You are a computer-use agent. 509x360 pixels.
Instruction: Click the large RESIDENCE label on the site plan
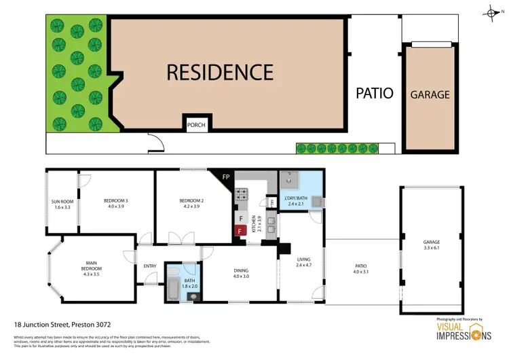point(220,72)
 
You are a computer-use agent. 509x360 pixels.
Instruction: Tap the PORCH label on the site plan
point(195,125)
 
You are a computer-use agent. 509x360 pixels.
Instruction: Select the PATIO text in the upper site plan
point(375,93)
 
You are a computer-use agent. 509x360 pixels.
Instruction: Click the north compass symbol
point(492,12)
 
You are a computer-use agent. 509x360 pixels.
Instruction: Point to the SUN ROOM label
point(62,204)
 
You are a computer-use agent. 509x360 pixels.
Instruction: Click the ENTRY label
point(149,266)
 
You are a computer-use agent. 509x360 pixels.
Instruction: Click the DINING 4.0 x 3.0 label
point(241,273)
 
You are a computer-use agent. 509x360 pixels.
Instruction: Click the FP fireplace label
point(225,177)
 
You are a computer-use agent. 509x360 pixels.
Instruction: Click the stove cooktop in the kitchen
point(242,196)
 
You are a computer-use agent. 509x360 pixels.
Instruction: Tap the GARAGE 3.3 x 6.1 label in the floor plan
point(432,245)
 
